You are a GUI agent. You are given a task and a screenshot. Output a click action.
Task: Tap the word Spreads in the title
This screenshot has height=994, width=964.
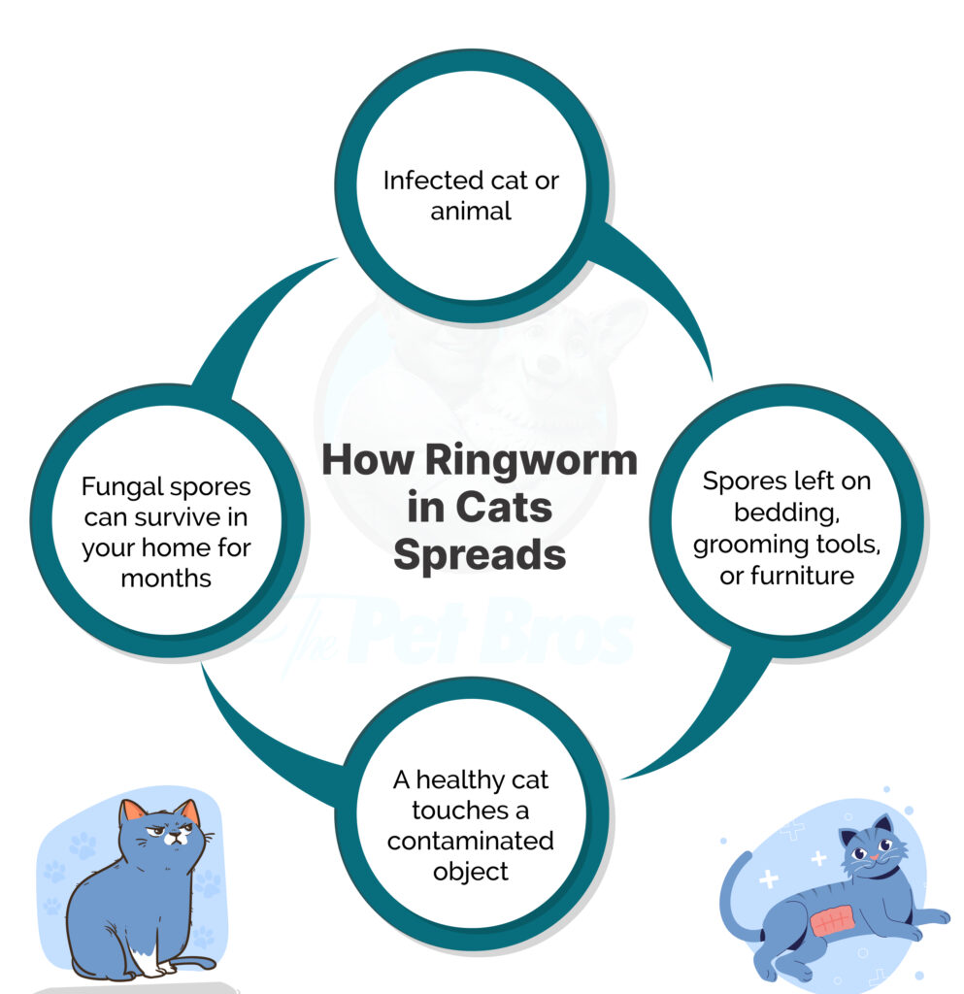pyautogui.click(x=481, y=554)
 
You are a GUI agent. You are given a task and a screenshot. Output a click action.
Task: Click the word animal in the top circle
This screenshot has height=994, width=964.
pyautogui.click(x=471, y=211)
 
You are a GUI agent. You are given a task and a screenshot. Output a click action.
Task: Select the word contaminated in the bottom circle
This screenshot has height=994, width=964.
pyautogui.click(x=471, y=840)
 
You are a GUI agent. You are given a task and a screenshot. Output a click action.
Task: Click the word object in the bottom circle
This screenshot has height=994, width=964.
pyautogui.click(x=471, y=871)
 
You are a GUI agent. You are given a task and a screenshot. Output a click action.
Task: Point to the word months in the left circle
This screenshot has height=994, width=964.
pyautogui.click(x=166, y=579)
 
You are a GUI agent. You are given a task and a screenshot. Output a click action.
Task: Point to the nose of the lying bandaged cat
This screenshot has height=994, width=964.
pyautogui.click(x=883, y=856)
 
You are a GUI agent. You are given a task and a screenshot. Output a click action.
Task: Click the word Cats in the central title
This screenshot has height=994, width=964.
pyautogui.click(x=505, y=507)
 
